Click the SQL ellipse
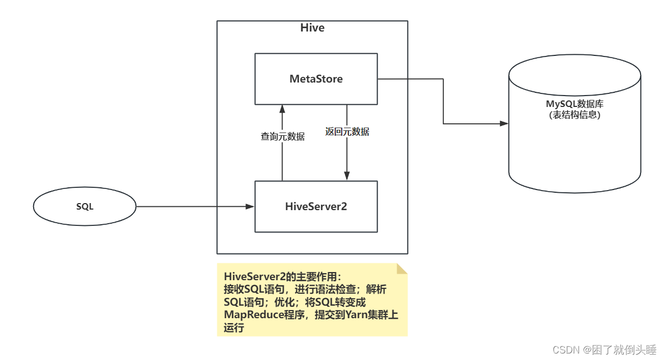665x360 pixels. tap(84, 207)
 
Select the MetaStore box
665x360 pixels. tap(316, 79)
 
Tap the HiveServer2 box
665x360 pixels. tap(316, 207)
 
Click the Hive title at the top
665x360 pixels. tap(312, 28)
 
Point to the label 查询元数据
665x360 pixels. tap(283, 137)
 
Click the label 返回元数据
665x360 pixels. tap(347, 131)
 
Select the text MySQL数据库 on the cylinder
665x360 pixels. tap(574, 104)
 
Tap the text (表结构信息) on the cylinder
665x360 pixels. tap(574, 115)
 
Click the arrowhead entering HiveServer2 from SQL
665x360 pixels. tap(250, 207)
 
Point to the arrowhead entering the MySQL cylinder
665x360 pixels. tap(504, 124)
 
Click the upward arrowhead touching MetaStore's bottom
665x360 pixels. tap(282, 109)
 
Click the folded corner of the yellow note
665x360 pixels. tap(402, 269)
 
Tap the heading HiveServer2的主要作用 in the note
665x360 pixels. tap(280, 276)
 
